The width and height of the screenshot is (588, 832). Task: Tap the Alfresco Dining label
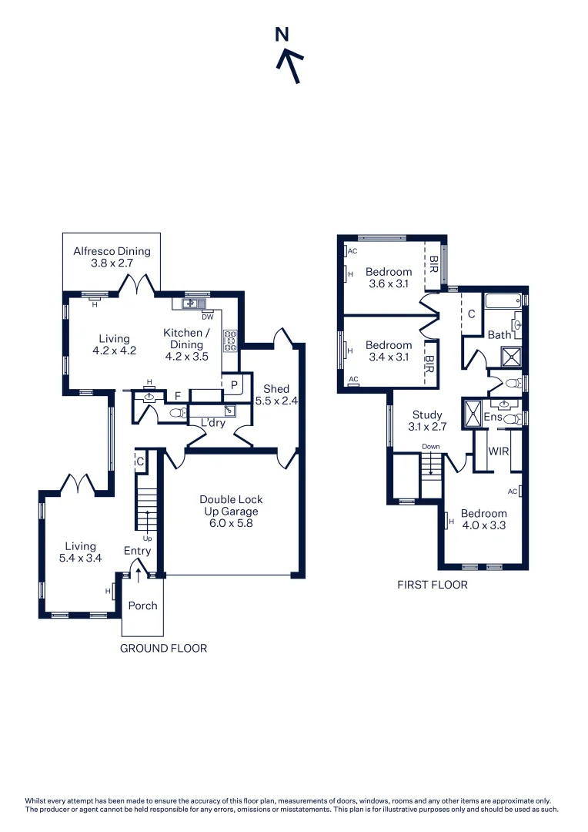112,257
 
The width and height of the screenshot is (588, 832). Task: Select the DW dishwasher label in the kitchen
207,317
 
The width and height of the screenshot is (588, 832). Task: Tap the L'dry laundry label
213,423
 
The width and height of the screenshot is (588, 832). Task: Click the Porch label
142,606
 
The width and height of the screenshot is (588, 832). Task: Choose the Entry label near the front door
137,551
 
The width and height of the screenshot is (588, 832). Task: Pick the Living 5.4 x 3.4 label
80,552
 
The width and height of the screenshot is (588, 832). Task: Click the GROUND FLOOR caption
163,649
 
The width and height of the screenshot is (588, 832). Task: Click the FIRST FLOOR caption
432,585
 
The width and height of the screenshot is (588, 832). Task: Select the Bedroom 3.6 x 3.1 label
388,277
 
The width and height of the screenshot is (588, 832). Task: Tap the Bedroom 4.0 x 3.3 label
483,519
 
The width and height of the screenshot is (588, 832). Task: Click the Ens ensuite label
493,417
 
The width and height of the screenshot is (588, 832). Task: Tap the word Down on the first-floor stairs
430,447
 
